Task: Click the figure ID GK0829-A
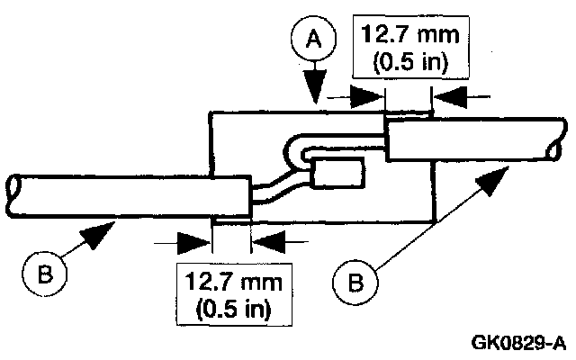(517, 343)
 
